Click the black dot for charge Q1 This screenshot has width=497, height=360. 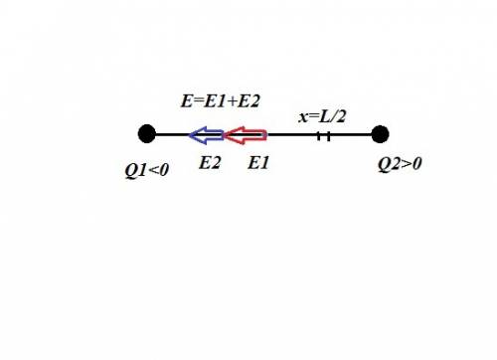pos(147,134)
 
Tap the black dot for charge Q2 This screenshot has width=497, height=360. pos(380,134)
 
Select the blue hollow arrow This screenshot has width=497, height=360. pos(206,135)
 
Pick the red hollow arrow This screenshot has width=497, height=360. pos(246,135)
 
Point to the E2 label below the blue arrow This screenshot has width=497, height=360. pos(210,163)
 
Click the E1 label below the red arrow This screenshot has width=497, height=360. pos(258,163)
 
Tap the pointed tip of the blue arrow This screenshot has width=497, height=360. pos(189,135)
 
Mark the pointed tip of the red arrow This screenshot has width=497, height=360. pos(225,135)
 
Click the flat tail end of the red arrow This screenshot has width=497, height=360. pos(266,135)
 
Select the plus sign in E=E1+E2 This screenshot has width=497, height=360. pos(233,101)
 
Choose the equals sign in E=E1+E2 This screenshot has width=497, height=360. pos(198,101)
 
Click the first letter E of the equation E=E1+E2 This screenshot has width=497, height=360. pos(187,101)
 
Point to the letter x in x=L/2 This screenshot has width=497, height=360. pos(303,117)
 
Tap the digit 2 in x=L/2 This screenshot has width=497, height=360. pos(340,116)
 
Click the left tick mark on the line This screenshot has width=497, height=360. pos(319,136)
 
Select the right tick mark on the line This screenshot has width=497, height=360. pos(328,136)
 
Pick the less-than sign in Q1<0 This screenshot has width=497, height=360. pos(154,170)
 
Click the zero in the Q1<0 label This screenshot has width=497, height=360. pos(164,170)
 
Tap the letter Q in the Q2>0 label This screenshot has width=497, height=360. pos(385,164)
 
